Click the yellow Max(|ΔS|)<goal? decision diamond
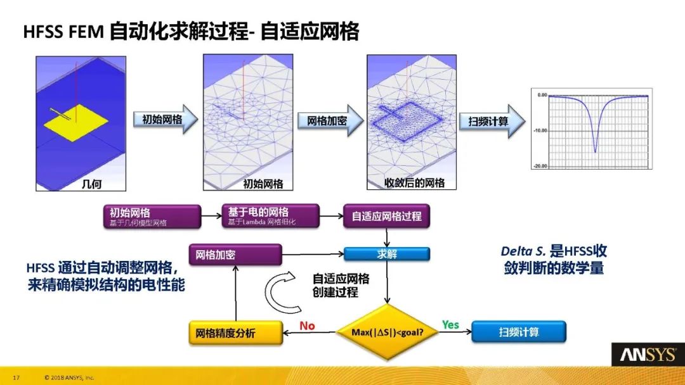387,332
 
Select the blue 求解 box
387,254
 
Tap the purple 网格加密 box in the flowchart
235,255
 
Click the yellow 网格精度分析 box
235,332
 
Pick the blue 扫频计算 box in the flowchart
518,332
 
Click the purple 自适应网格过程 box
386,216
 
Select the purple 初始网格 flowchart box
150,216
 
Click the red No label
307,325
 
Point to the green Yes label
450,325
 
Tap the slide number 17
17,377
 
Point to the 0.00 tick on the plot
542,94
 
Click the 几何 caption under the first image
93,184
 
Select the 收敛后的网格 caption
415,184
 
